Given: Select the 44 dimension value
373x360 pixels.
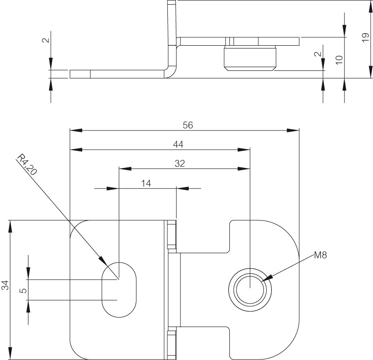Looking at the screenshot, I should [178, 145].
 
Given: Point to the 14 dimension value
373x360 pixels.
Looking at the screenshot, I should [146, 183].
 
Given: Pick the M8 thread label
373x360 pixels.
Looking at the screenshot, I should [320, 255].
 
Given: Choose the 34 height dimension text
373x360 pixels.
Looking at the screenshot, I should [5, 285].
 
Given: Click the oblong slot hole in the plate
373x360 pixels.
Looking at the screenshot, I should [119, 289].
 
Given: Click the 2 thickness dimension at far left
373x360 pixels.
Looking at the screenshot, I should [45, 40].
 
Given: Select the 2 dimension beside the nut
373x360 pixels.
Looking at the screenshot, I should [318, 55].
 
